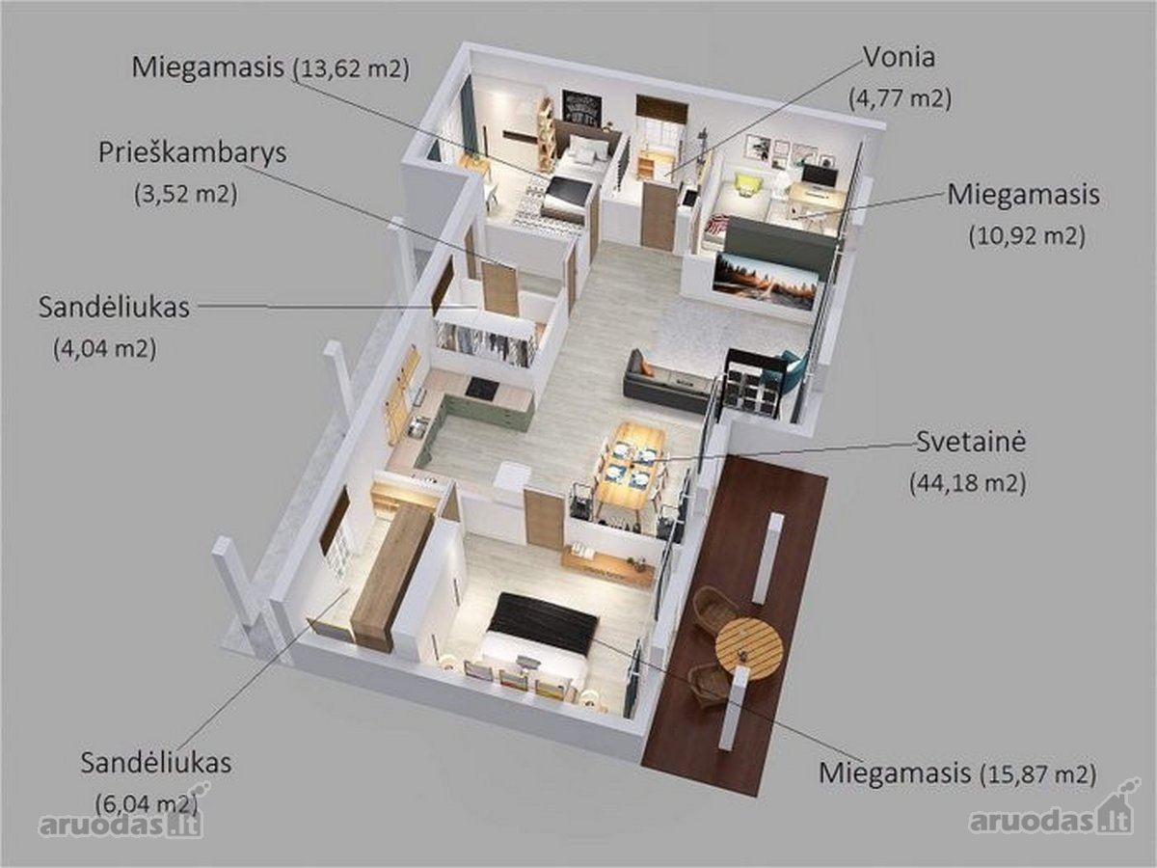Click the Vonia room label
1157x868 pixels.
coord(899,57)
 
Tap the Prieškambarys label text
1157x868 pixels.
coord(193,152)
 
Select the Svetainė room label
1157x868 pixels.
coord(971,441)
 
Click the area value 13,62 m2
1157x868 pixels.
coord(351,69)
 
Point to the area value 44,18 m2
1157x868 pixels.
coord(968,482)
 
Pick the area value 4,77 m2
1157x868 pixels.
coord(900,98)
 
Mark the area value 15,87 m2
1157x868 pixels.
coord(1038,774)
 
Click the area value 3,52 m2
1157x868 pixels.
coord(185,194)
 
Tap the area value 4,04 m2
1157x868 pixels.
coord(104,348)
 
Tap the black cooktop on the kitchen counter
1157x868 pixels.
coord(482,388)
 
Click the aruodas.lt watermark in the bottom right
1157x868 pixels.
coord(1052,819)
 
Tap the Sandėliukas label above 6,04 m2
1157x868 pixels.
coord(156,763)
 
